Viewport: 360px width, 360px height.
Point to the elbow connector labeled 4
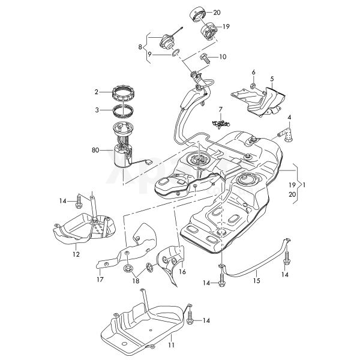pos(170,346)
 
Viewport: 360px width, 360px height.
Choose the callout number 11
pos(76,254)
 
